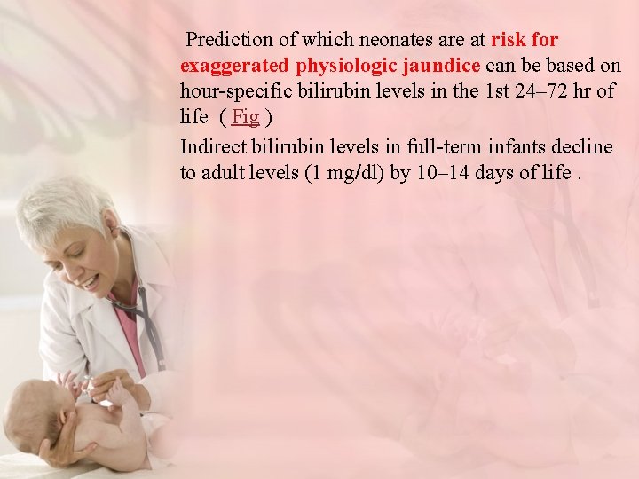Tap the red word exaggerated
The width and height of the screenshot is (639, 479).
coord(234,66)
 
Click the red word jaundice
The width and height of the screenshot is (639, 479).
coord(442,66)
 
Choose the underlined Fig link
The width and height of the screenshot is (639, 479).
coord(245,117)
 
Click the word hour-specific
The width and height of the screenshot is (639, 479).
coord(233,91)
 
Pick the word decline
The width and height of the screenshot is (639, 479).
coord(583,146)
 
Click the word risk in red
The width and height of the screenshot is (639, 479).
coord(508,40)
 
